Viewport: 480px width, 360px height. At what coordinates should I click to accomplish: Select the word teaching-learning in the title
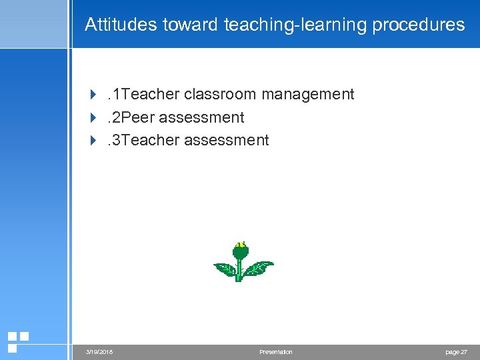click(295, 25)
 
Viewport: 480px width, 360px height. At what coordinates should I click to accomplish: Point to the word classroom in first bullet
click(220, 95)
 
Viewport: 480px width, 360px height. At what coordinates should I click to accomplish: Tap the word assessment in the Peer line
click(202, 117)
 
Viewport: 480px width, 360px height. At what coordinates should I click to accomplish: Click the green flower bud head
click(241, 253)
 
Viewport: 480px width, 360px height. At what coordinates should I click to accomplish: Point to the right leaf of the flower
click(259, 268)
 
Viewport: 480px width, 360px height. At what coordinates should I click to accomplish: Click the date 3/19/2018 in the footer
click(99, 352)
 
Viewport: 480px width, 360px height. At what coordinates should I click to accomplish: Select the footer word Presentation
click(276, 352)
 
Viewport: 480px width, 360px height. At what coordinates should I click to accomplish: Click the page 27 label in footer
click(456, 352)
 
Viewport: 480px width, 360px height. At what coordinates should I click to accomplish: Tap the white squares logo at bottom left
click(17, 341)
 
